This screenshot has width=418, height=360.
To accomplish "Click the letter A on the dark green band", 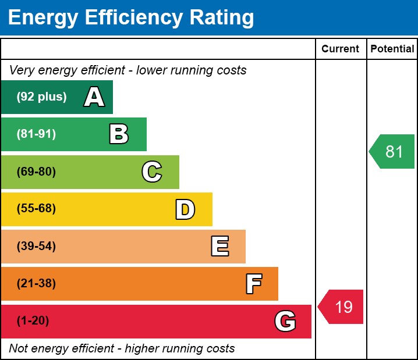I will (94, 97).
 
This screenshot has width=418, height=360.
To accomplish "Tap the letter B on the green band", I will (119, 134).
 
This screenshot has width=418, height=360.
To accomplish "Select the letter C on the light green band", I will (151, 172).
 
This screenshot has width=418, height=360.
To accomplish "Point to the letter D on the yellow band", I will (185, 209).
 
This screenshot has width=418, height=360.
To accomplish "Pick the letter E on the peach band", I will (219, 247).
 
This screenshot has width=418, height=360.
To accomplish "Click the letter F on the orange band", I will (253, 284).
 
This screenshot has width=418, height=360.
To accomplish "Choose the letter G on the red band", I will (285, 321).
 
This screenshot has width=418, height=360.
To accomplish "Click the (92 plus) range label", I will (41, 97).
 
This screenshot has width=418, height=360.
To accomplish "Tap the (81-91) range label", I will (36, 134).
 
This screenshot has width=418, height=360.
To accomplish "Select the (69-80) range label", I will (36, 172).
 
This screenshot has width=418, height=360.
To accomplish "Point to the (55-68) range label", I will (36, 209).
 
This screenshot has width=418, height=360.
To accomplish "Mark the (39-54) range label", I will (36, 247).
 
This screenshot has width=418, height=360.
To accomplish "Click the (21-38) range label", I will (36, 284).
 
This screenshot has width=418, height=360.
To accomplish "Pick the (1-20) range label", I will (33, 321).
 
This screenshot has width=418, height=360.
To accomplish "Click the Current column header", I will (341, 49).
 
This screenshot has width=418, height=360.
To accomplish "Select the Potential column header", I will (392, 49).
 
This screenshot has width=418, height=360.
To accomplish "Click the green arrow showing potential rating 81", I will (392, 152).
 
